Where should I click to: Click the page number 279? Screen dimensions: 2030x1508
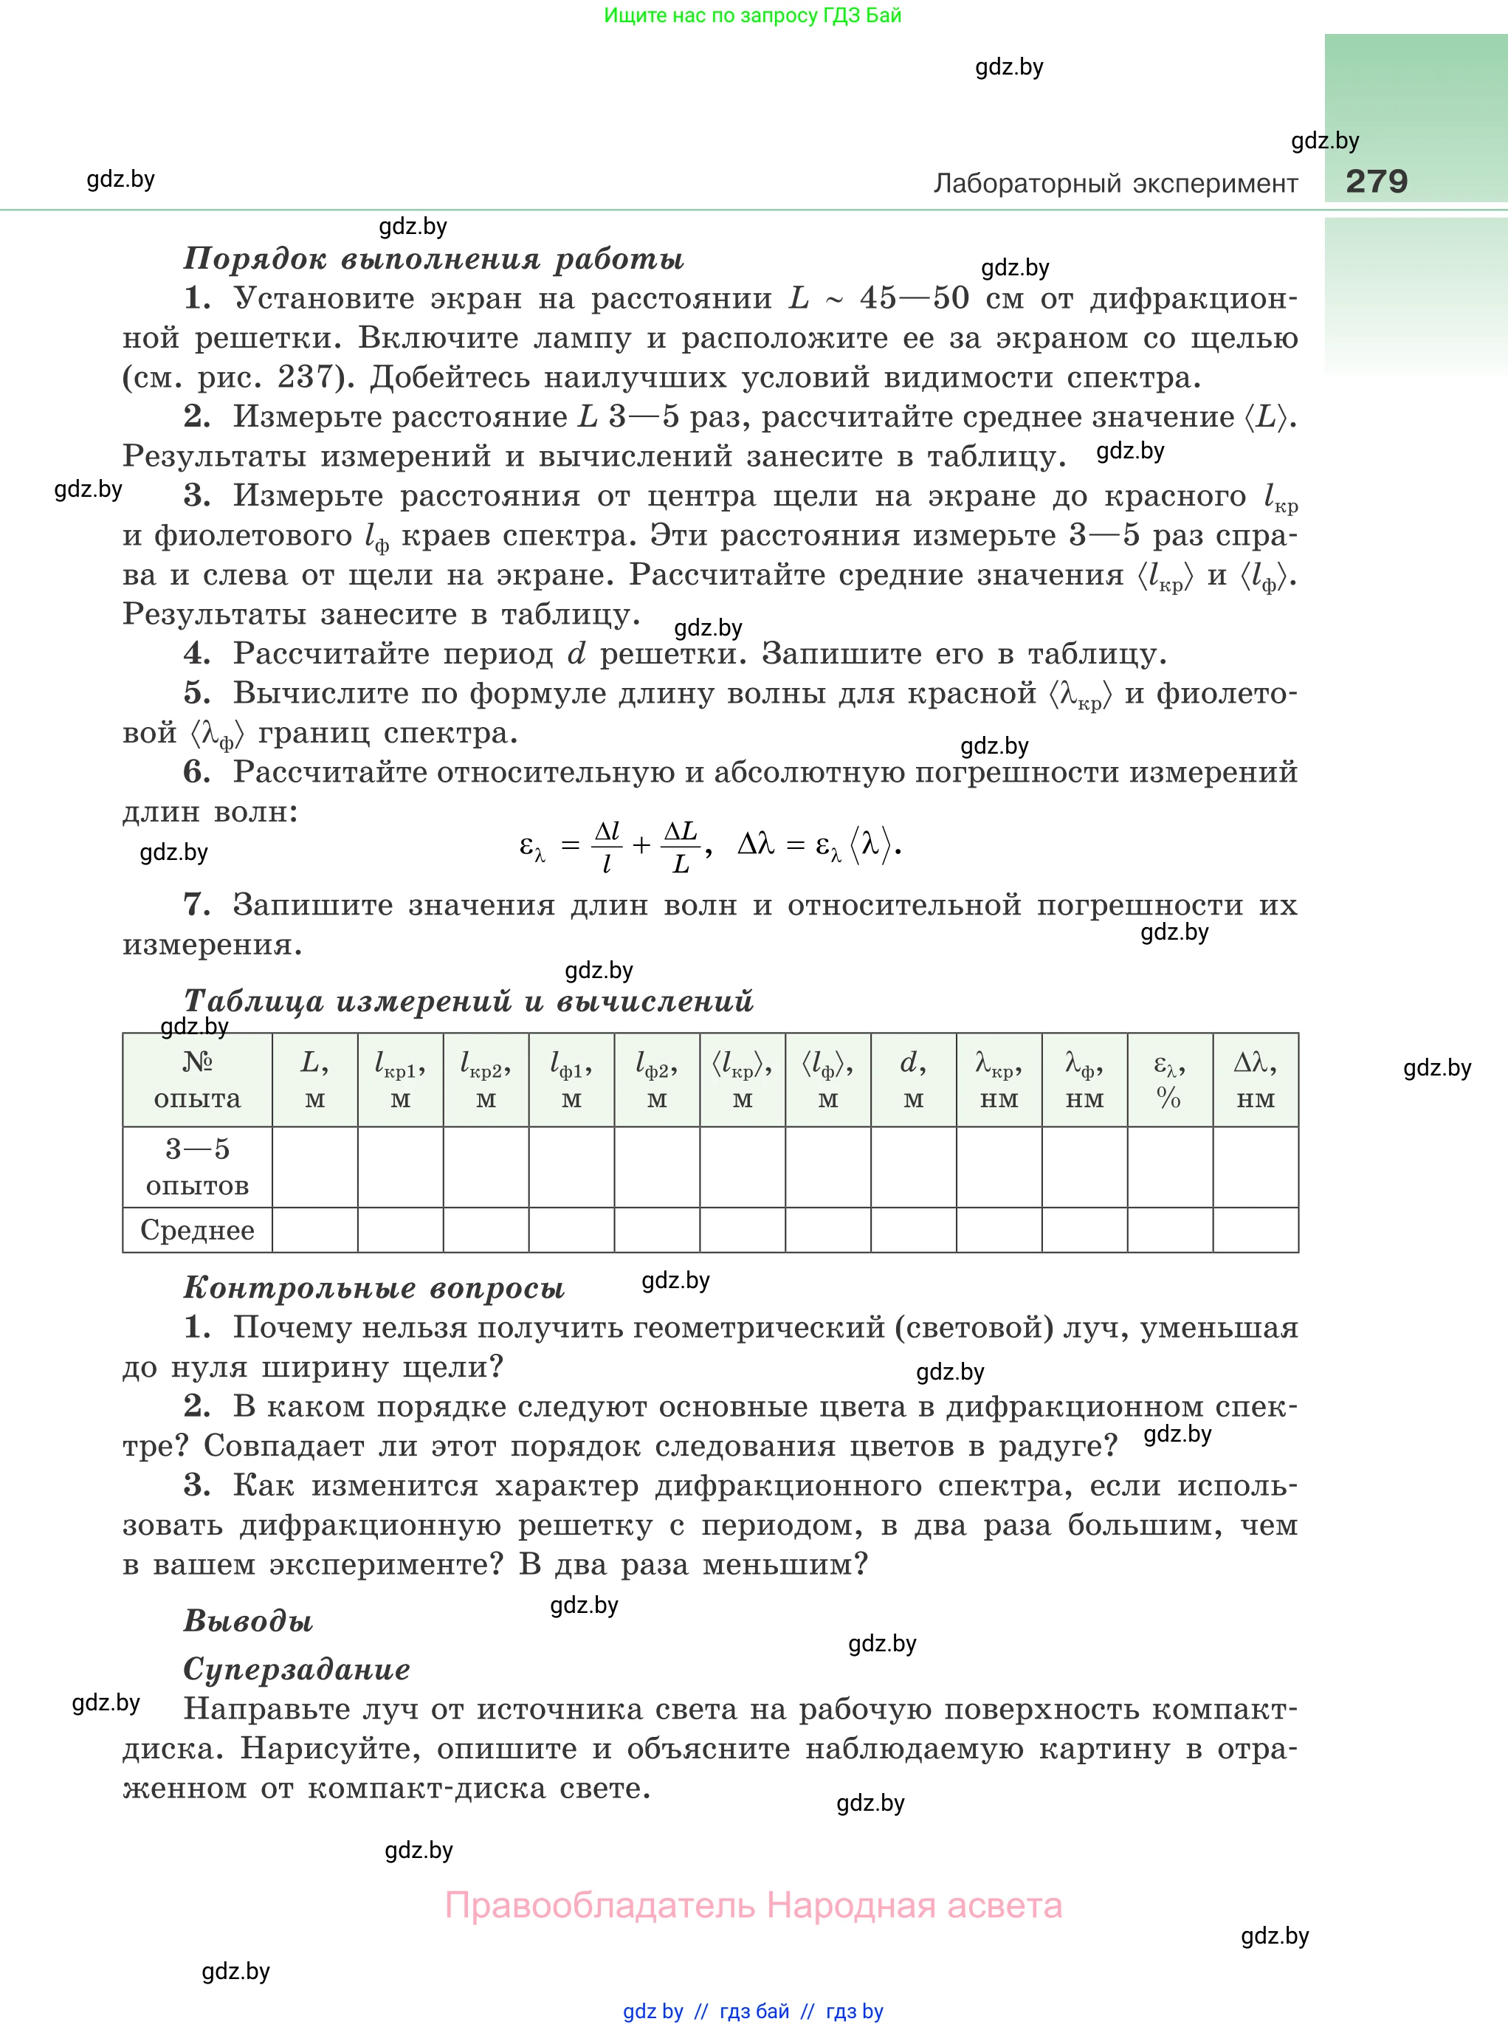[x=1376, y=181]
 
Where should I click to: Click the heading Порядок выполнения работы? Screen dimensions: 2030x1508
[x=433, y=259]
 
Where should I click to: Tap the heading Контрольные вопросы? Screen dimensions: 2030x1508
[x=374, y=1288]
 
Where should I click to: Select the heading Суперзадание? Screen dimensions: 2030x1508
[x=297, y=1670]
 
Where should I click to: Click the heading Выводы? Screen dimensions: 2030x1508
[x=248, y=1621]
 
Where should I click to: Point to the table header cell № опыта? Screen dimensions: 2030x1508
[x=197, y=1080]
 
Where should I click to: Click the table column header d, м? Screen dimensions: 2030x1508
[x=913, y=1080]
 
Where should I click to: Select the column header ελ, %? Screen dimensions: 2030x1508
[x=1169, y=1080]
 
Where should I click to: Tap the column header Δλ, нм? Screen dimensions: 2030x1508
[x=1255, y=1080]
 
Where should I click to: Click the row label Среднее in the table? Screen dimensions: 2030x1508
[x=197, y=1231]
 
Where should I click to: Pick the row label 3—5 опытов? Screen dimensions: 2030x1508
[x=197, y=1166]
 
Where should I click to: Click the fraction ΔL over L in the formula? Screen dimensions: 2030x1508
[x=680, y=846]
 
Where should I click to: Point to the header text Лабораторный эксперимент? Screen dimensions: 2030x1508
[x=1115, y=184]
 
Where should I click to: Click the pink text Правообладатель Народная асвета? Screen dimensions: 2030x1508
[x=753, y=1907]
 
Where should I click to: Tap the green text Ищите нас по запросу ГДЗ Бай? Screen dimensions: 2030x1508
[x=752, y=16]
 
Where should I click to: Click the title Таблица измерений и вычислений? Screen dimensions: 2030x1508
[x=468, y=1001]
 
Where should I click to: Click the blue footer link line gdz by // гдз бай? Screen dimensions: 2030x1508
[x=753, y=2012]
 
